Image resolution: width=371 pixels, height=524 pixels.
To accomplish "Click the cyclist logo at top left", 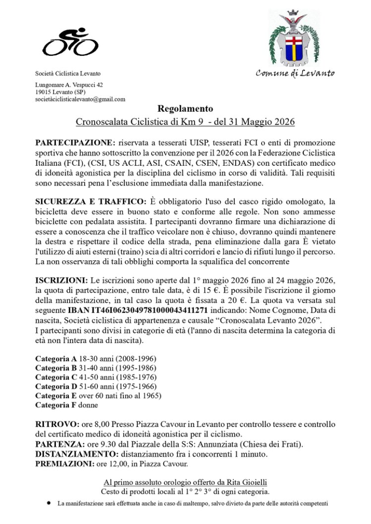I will [x=70, y=42].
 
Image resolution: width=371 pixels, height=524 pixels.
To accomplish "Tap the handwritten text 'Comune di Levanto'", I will [x=295, y=74].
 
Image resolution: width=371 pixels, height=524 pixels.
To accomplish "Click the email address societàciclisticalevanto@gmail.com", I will [x=80, y=99].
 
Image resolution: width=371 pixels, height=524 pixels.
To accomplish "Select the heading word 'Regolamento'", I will [x=185, y=109].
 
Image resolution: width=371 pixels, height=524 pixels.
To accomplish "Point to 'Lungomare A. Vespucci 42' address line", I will [x=69, y=85].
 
